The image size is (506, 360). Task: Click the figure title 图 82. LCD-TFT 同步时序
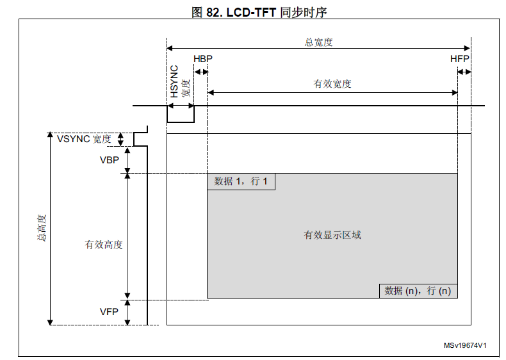[259, 12]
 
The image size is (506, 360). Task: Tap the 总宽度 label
[318, 42]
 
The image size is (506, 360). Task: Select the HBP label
[203, 59]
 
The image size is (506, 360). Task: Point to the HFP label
[460, 59]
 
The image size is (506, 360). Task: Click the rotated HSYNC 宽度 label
[179, 81]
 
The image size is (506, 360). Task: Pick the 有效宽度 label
[332, 84]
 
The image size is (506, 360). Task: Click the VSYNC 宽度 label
[84, 139]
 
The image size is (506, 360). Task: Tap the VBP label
[110, 160]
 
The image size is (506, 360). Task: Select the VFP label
[109, 311]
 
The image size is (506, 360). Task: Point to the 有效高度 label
[104, 245]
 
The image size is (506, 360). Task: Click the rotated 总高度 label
[42, 227]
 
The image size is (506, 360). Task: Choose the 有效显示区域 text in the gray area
[332, 234]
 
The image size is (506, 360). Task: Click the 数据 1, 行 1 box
[241, 181]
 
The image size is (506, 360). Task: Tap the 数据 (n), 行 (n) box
[418, 291]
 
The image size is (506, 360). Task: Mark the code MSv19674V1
[465, 345]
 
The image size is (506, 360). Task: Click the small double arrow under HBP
[200, 72]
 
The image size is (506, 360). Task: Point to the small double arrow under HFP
[464, 72]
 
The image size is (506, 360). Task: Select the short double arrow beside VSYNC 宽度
[120, 139]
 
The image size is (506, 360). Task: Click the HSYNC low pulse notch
[181, 122]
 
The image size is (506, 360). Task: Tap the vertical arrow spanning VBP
[127, 160]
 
